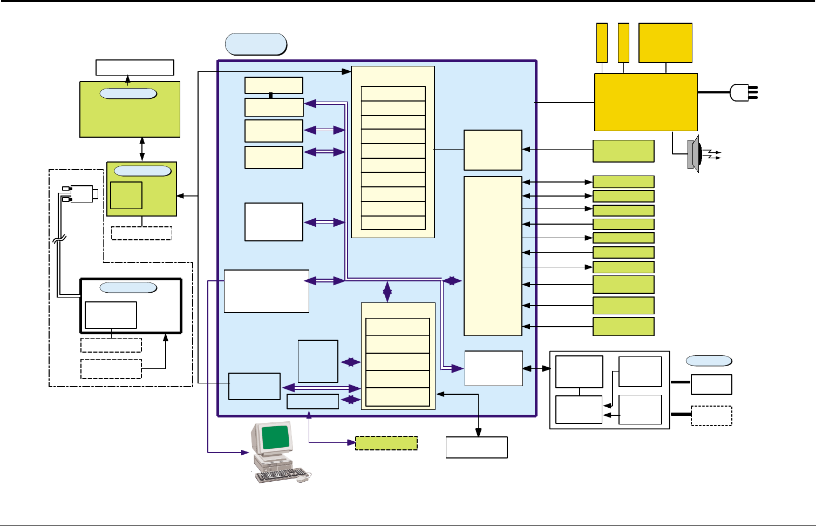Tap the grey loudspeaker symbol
(x=694, y=154)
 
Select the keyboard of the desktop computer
(x=276, y=475)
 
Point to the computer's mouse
(x=303, y=478)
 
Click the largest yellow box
(x=646, y=102)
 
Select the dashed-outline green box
(x=386, y=443)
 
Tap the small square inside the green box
(x=126, y=195)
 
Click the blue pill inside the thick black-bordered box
(x=128, y=288)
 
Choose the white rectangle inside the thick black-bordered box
(x=111, y=315)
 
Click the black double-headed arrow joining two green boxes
(x=142, y=149)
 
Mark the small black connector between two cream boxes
(x=270, y=96)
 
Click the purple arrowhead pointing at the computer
(x=244, y=452)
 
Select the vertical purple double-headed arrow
(x=387, y=292)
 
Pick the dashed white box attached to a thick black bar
(x=711, y=416)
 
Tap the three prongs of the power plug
(x=753, y=92)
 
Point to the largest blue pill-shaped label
(x=256, y=44)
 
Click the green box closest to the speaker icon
(x=623, y=151)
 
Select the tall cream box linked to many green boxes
(x=493, y=255)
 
